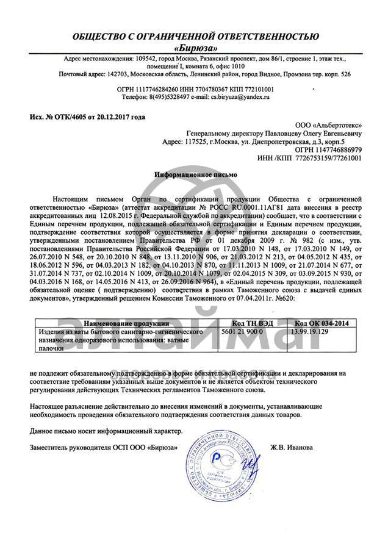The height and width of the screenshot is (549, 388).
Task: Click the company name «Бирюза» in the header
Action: pos(195,48)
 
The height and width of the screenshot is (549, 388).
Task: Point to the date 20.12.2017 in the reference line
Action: pos(110,116)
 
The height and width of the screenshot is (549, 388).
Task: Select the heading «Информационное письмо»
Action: pos(195,174)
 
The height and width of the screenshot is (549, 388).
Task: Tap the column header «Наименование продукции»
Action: pos(126,323)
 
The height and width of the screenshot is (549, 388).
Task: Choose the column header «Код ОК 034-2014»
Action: pos(322,323)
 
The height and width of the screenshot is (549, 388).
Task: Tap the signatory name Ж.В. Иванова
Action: pos(291,447)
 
